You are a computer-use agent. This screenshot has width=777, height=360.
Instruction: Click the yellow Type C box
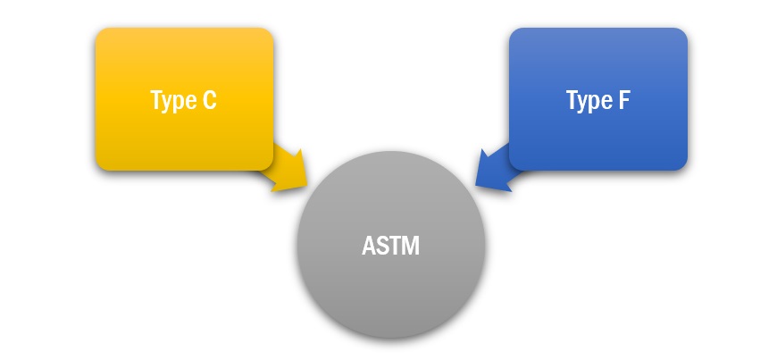[184, 99]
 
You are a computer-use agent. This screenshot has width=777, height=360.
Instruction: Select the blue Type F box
[598, 99]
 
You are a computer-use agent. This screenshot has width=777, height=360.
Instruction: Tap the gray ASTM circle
[391, 245]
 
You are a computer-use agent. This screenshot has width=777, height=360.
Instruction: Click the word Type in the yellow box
[172, 101]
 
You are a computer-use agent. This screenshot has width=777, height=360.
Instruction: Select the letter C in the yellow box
[210, 100]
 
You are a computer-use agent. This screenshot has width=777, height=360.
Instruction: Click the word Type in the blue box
[589, 101]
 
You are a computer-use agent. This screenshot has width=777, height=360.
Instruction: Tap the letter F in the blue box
[624, 100]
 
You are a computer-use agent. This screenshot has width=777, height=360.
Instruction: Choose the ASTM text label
[391, 246]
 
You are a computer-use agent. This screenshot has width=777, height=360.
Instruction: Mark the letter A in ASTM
[369, 246]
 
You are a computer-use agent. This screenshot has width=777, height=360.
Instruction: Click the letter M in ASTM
[412, 246]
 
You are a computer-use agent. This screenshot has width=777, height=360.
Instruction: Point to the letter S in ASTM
[382, 246]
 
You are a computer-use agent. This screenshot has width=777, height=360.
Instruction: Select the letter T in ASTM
[396, 246]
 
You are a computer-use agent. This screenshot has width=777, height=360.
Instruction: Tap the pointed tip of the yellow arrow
[308, 186]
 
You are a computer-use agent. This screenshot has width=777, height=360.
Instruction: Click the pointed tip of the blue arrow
[475, 186]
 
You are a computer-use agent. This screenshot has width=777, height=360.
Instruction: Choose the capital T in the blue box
[572, 100]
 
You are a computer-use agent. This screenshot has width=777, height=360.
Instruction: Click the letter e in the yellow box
[190, 103]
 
